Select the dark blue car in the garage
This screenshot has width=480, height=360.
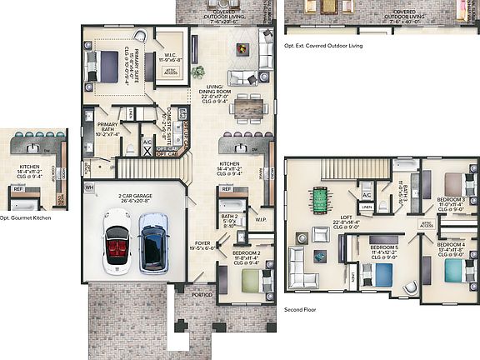(152, 242)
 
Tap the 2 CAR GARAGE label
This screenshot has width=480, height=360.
(135, 198)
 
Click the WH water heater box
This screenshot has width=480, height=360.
(89, 188)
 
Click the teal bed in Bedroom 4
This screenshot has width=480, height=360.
(451, 271)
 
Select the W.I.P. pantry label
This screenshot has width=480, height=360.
(259, 220)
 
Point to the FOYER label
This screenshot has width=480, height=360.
(201, 244)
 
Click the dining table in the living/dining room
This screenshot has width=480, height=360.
(248, 106)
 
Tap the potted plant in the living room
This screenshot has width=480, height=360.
(197, 72)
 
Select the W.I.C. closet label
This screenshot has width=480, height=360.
(171, 57)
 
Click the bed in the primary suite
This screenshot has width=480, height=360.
(110, 63)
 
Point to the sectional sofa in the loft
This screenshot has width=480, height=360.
(303, 268)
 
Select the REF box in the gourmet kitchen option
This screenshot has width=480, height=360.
(17, 189)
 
